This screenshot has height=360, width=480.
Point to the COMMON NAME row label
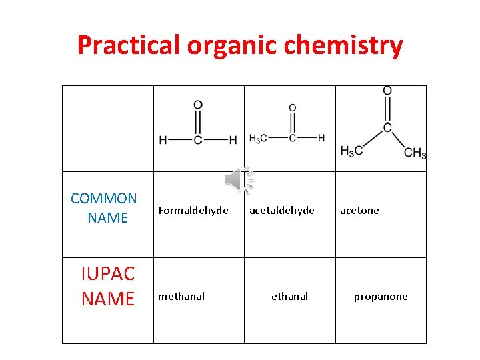click(x=105, y=208)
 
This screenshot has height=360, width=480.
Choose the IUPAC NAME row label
click(x=108, y=286)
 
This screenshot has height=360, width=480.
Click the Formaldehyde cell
click(x=193, y=211)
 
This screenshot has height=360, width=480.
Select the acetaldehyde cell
click(x=282, y=211)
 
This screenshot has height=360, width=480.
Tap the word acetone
click(x=359, y=211)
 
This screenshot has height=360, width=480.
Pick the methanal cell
click(x=181, y=297)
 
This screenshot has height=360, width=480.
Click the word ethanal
click(x=289, y=297)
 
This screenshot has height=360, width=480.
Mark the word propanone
click(x=381, y=297)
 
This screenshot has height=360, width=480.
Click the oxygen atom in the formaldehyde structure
click(x=198, y=105)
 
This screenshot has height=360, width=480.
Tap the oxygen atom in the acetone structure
click(x=387, y=91)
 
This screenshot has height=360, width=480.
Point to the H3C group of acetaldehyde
click(x=258, y=139)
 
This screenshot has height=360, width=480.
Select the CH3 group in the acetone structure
click(x=415, y=153)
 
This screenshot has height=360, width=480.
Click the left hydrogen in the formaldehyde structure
click(x=163, y=140)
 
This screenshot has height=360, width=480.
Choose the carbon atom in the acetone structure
click(x=387, y=127)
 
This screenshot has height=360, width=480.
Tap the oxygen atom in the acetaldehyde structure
click(x=293, y=108)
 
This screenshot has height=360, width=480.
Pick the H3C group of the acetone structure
click(x=352, y=151)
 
